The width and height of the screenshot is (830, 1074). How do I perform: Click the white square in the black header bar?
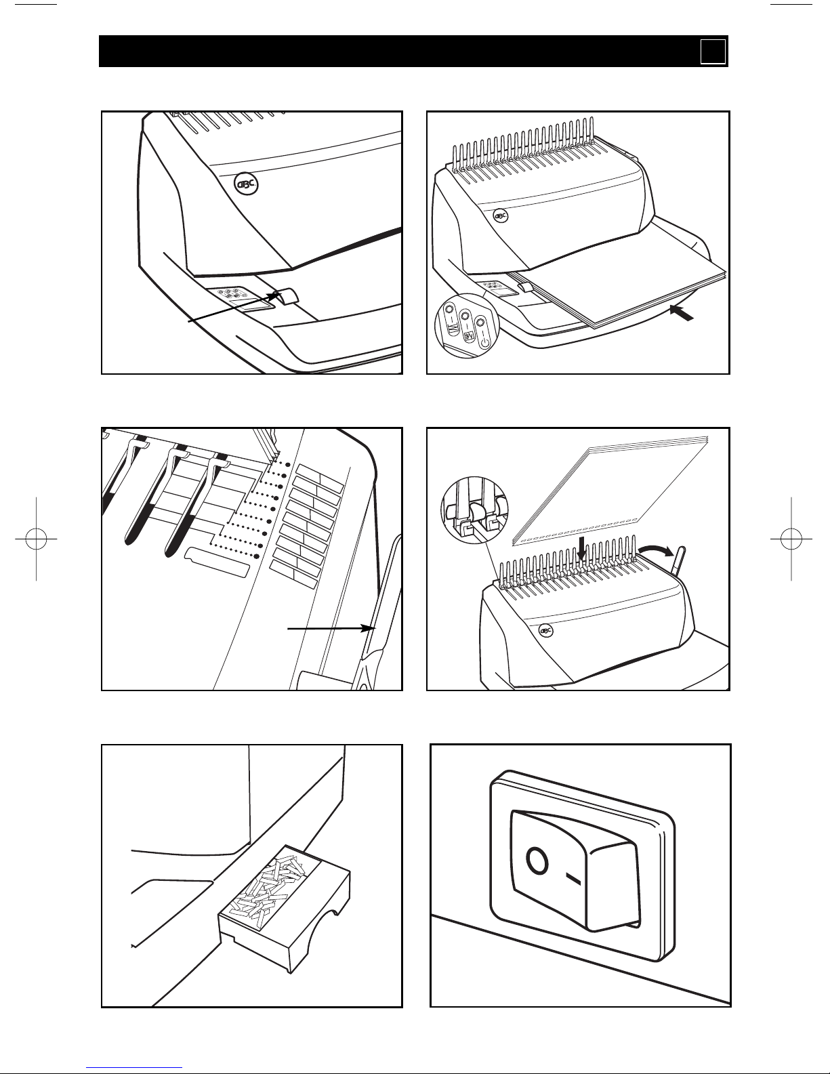click(713, 51)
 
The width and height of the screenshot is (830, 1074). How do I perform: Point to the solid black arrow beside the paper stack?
click(682, 313)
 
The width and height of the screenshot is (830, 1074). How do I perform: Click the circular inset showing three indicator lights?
click(465, 324)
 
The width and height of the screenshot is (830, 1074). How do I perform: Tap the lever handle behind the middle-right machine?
click(678, 560)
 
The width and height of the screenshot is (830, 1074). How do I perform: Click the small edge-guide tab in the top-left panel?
click(285, 295)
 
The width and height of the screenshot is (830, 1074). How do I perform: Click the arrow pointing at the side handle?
click(330, 629)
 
